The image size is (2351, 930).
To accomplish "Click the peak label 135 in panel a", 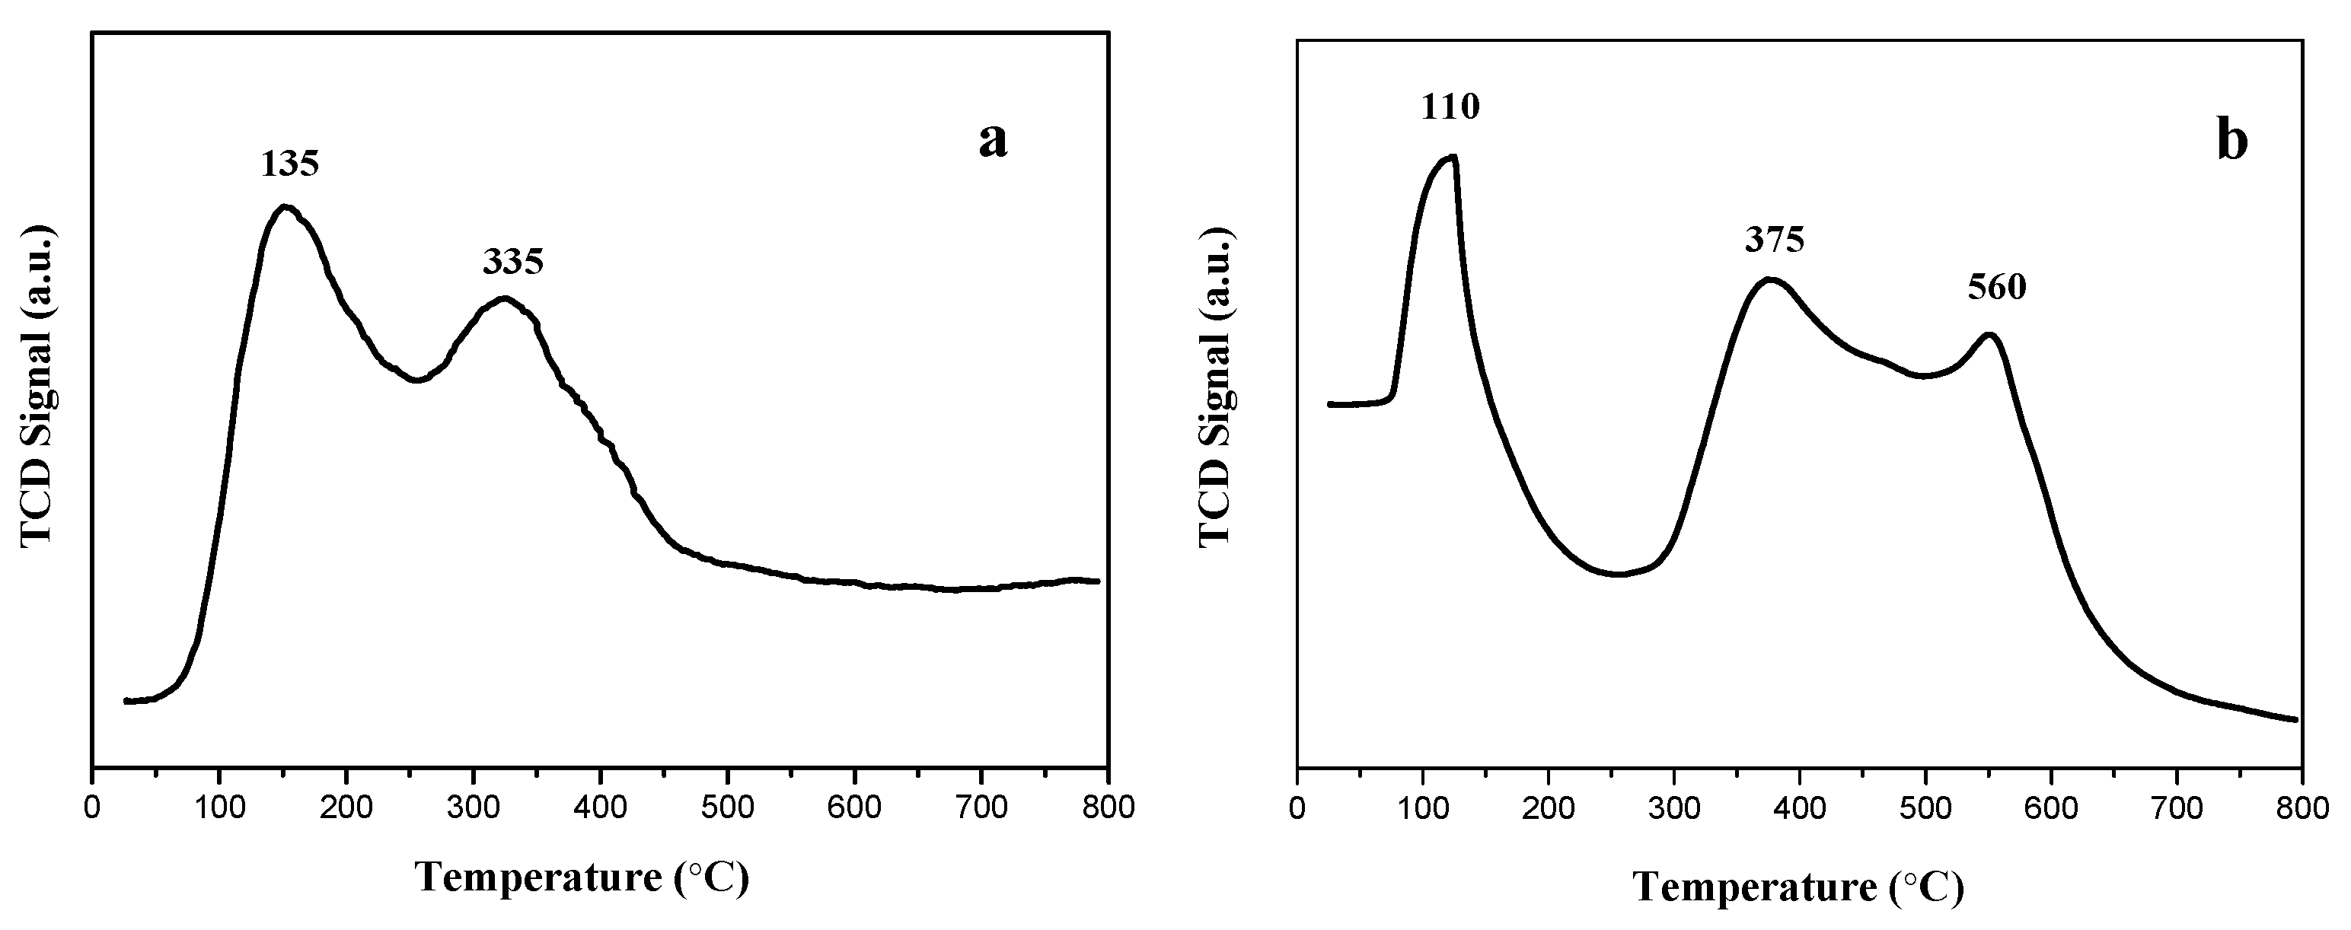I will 290,164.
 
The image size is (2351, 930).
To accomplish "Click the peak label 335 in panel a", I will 513,262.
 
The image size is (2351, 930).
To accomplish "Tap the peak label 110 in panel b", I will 1450,108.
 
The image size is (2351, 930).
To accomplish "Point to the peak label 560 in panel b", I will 1997,288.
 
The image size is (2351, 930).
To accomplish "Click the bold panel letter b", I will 2232,142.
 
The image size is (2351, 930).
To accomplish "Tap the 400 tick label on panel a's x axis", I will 600,807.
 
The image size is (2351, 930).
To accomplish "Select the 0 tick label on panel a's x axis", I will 91,807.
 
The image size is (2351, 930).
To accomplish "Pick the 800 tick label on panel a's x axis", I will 1108,807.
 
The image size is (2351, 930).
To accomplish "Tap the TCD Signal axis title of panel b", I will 1215,388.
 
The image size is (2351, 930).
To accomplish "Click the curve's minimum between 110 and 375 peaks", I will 1618,574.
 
